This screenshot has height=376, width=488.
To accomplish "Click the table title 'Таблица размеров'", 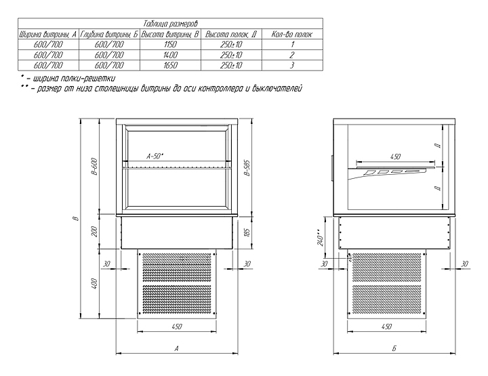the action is [170, 24].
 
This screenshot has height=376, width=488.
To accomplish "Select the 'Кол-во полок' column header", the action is [291, 34].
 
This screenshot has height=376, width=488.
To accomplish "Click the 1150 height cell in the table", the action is [170, 45].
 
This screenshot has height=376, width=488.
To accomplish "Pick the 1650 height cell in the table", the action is [170, 65].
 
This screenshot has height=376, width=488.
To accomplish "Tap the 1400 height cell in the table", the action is [170, 55].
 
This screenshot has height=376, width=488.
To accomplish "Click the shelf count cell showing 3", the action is [292, 65].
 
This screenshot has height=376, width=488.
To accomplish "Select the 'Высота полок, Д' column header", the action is [231, 34].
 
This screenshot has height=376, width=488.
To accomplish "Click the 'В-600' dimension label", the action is [95, 167].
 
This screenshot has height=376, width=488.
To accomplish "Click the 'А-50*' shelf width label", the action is [155, 156].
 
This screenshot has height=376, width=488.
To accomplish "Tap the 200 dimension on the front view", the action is [96, 232].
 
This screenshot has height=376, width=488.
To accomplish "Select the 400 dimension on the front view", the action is [96, 284].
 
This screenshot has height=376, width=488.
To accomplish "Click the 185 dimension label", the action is [247, 232].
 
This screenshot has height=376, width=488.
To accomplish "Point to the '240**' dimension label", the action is [321, 238].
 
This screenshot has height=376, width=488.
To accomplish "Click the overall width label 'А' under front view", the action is [176, 349].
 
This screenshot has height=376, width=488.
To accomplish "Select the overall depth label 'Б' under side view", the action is [394, 349].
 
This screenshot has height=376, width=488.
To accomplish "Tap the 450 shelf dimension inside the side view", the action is [395, 156].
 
